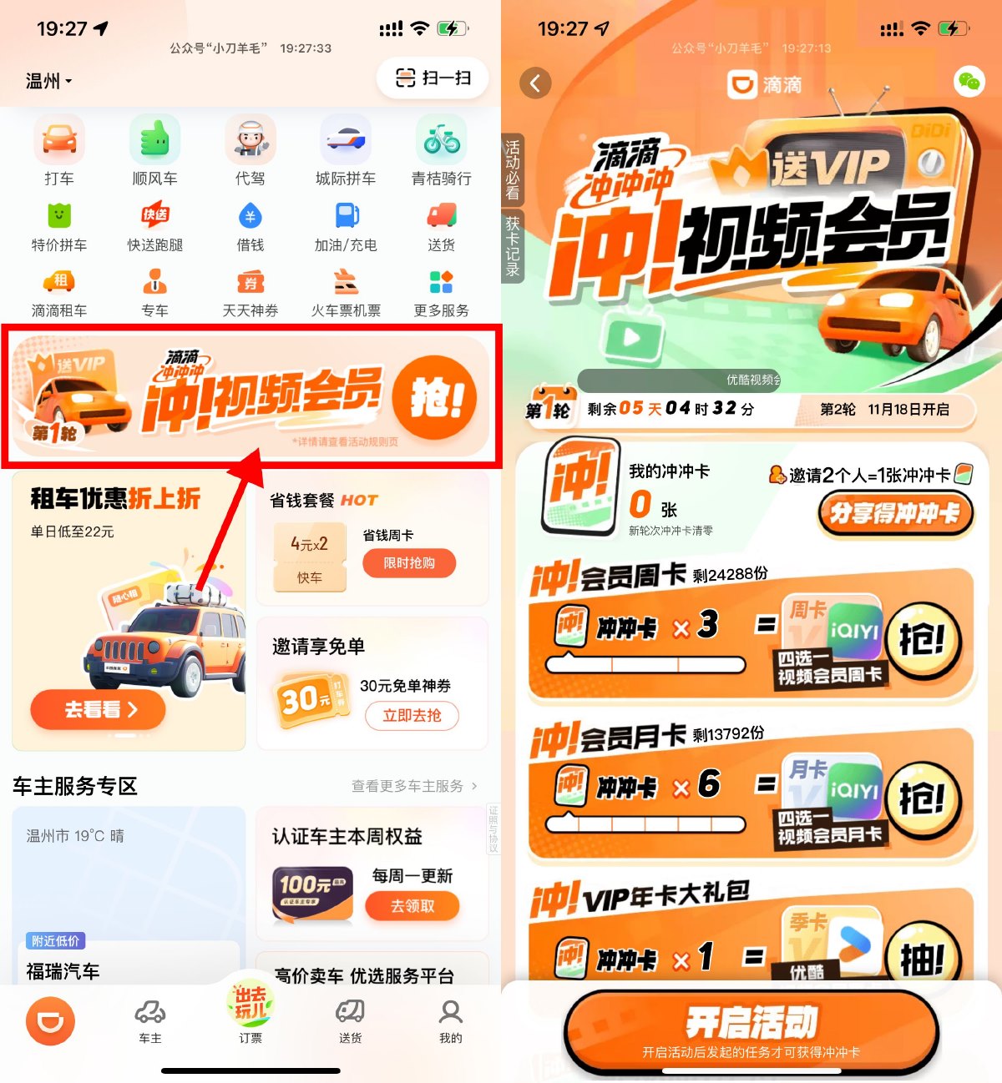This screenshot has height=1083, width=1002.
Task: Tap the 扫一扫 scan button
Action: coord(433,78)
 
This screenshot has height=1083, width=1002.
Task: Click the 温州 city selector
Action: coord(48,81)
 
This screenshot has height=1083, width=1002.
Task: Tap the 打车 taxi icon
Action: coord(59,140)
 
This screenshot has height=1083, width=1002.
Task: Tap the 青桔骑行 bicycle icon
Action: coord(441,140)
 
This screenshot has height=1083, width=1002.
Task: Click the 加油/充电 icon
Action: coord(346,217)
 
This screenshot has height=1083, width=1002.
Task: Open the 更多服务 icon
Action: coord(441,283)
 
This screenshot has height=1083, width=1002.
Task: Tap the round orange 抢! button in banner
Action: coord(434,398)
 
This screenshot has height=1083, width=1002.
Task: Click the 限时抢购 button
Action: coord(409,563)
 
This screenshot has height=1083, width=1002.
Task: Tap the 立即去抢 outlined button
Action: coord(412,715)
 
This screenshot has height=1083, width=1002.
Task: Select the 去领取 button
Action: coord(412,906)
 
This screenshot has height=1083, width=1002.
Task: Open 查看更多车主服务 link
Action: coord(414,786)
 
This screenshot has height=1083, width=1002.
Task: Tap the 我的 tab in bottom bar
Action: coord(450,1020)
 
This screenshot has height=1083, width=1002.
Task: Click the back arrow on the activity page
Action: coord(535,83)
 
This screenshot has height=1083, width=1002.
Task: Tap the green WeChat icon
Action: coord(969,82)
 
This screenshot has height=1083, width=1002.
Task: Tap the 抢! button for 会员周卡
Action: coord(923,641)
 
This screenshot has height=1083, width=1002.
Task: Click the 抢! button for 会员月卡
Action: coord(923,799)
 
